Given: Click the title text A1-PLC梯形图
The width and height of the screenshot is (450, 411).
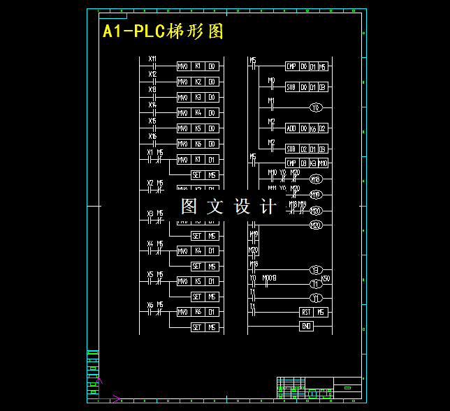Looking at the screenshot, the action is pos(163,32).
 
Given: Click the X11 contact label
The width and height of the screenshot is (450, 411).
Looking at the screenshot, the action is pos(153,59).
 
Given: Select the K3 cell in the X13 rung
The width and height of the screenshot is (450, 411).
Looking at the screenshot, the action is pos(198,98).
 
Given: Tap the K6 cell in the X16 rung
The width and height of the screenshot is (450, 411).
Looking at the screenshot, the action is pos(198,144).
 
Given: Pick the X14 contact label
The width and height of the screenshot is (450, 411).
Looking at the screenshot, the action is pos(153,105).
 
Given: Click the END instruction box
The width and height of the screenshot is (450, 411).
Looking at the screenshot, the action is pos(306,326).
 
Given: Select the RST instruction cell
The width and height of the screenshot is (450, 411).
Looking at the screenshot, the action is pos(306,312).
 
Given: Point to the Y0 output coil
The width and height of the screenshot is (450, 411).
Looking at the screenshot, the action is pos(316,108).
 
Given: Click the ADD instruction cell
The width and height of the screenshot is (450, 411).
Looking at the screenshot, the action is pos(291,128).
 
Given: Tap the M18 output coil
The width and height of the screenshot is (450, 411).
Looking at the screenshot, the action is pos(316,179).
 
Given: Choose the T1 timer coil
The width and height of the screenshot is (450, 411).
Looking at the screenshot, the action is pos(315,284).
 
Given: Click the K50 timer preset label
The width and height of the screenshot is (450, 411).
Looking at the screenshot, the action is pos(326,278).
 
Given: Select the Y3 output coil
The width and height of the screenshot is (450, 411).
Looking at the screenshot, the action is pos(316,269).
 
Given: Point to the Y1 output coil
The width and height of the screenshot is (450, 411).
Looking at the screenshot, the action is pos(316,298).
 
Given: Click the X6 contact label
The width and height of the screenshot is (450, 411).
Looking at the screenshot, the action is pos(150,305).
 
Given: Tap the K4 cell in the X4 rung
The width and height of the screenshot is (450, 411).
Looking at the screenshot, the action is pos(198,251).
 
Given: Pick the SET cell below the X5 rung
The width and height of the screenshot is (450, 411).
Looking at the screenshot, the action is pos(198,297).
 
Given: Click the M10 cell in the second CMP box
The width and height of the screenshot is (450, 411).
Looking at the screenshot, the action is pos(324,163).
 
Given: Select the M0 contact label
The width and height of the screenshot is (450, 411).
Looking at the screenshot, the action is pos(271,80).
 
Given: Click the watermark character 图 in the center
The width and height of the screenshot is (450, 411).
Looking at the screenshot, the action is pos(189,207).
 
